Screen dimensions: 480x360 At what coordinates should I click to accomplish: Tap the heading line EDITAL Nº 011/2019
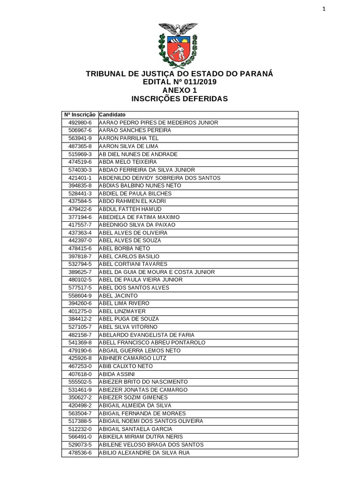pyautogui.click(x=180, y=82)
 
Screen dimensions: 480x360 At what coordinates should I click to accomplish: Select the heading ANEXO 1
pyautogui.click(x=180, y=90)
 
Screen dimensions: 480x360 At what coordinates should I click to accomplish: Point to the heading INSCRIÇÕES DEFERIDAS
pyautogui.click(x=180, y=99)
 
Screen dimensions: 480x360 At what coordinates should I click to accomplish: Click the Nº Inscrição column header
pyautogui.click(x=80, y=115)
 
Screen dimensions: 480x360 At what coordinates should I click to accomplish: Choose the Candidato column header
pyautogui.click(x=112, y=115)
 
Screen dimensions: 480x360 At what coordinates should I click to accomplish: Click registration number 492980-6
pyautogui.click(x=80, y=123)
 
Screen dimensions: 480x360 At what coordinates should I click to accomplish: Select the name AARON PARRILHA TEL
pyautogui.click(x=129, y=138)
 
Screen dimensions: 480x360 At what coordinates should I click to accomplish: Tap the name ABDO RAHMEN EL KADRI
pyautogui.click(x=132, y=201)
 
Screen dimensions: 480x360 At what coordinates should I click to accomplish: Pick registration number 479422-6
pyautogui.click(x=80, y=209)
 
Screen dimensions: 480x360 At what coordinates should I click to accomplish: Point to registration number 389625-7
pyautogui.click(x=80, y=272)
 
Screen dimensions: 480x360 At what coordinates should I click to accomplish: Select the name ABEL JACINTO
pyautogui.click(x=119, y=296)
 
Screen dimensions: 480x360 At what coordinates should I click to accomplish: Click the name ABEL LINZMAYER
pyautogui.click(x=122, y=311)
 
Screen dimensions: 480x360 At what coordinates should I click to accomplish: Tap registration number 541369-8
pyautogui.click(x=80, y=343)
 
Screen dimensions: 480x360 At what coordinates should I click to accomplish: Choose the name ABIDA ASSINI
pyautogui.click(x=117, y=374)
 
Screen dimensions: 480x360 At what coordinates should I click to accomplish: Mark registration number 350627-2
pyautogui.click(x=80, y=397)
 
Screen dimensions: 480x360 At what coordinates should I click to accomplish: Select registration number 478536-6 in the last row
pyautogui.click(x=80, y=453)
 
